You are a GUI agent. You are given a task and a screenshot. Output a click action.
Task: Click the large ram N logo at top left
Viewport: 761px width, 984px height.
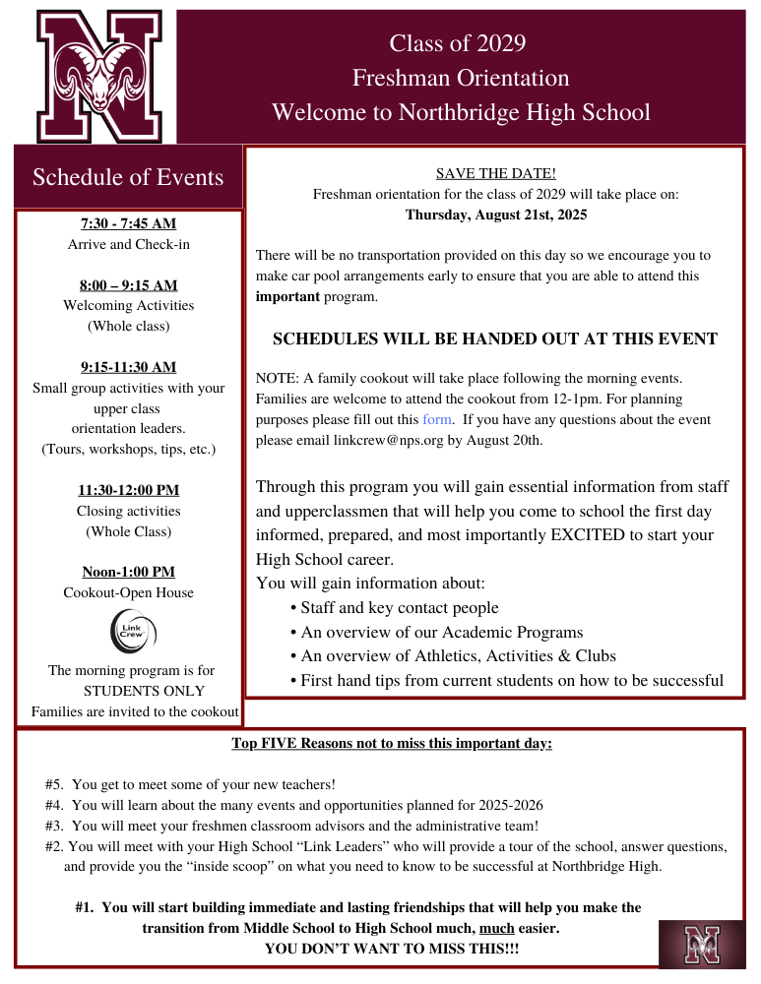(99, 76)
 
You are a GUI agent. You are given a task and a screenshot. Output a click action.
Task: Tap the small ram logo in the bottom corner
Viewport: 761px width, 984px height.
(701, 945)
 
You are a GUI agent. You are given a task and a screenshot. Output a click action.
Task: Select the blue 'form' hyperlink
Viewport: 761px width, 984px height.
(437, 419)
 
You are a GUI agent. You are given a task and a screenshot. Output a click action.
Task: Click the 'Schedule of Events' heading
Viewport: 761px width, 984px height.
(128, 177)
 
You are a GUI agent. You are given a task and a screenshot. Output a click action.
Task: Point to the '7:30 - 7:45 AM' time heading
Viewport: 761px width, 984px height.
(128, 223)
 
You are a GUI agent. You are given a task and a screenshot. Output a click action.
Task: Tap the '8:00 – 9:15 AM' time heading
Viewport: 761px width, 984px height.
(128, 285)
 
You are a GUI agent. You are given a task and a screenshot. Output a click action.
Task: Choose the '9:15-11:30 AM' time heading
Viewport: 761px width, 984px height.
(128, 367)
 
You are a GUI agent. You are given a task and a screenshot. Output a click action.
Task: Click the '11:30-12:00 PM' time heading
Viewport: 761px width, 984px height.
(128, 490)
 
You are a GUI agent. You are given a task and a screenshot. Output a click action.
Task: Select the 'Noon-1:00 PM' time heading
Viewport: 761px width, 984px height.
(128, 572)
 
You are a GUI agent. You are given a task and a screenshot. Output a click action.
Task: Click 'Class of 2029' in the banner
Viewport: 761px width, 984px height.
(457, 43)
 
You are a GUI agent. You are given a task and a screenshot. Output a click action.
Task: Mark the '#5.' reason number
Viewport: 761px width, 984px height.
(55, 784)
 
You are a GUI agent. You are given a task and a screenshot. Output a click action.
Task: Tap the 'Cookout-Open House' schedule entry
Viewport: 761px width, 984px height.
(128, 592)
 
